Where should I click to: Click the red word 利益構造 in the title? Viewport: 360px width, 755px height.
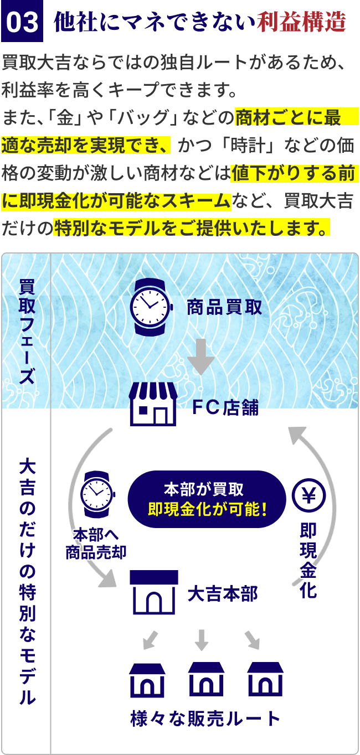pyautogui.click(x=302, y=23)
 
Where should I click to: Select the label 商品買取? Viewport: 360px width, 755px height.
pyautogui.click(x=224, y=307)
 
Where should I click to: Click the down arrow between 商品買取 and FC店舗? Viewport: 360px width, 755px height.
pyautogui.click(x=200, y=358)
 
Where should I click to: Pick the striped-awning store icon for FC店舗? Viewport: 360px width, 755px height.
pyautogui.click(x=153, y=404)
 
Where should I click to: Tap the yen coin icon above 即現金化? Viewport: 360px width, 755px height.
pyautogui.click(x=309, y=494)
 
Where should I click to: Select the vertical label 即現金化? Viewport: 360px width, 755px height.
pyautogui.click(x=308, y=561)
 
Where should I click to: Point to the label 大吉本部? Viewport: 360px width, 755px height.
pyautogui.click(x=223, y=594)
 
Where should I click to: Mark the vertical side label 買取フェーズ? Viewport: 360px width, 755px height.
pyautogui.click(x=26, y=333)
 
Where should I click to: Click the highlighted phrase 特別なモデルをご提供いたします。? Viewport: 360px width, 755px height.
pyautogui.click(x=192, y=227)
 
